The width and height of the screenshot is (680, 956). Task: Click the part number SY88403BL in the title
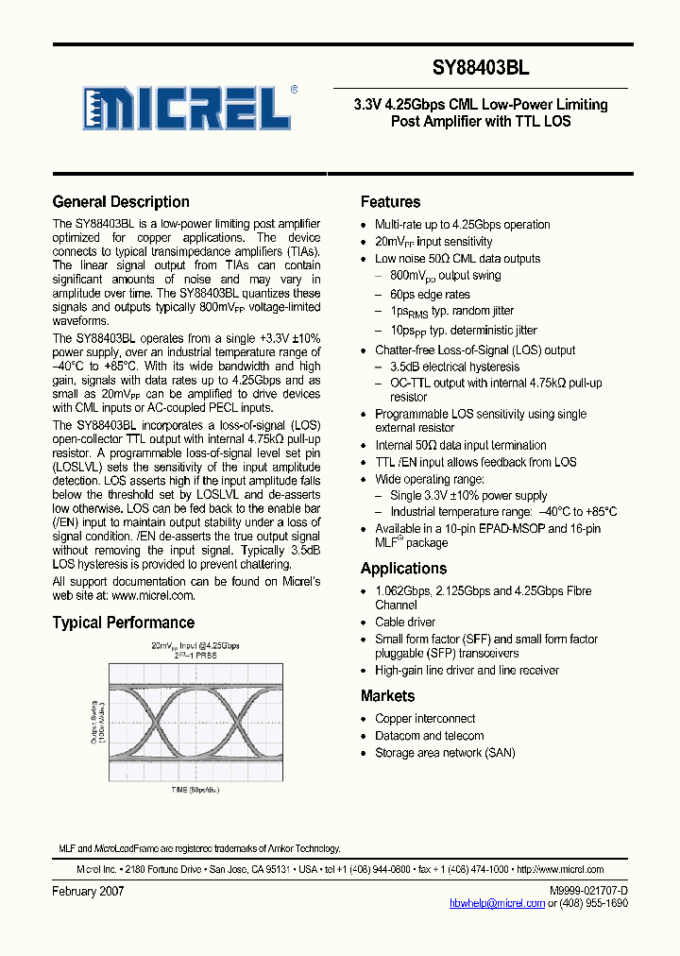[481, 68]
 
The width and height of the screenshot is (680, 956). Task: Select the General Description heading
[121, 202]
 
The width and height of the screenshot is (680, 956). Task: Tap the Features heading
[390, 202]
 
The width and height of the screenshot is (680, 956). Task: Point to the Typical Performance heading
[124, 623]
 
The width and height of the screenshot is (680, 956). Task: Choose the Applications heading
[403, 569]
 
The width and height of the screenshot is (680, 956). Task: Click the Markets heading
[387, 696]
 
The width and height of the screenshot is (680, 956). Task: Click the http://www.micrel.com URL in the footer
[561, 870]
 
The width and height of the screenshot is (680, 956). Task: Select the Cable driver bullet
[405, 623]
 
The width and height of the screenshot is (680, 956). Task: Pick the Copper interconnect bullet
[425, 719]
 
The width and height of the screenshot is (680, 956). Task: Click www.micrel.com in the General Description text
[153, 596]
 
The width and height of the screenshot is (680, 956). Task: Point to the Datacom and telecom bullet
[429, 736]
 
